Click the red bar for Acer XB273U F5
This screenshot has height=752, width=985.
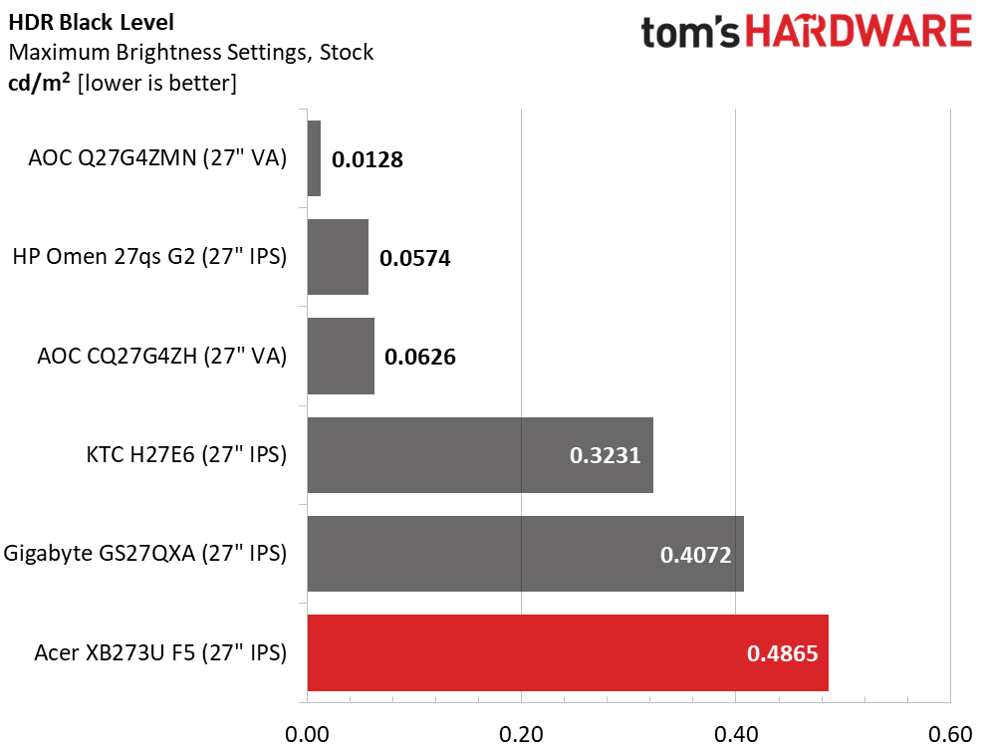tap(568, 653)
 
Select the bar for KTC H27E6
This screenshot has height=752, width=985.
tap(480, 455)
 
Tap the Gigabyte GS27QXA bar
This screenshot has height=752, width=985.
tap(525, 554)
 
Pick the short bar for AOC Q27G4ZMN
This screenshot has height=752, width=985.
tap(314, 158)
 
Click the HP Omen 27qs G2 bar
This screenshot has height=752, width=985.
tap(338, 257)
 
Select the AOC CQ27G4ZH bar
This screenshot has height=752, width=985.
tap(341, 357)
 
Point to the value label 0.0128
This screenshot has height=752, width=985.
tap(368, 159)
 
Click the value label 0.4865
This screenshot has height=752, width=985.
tap(782, 654)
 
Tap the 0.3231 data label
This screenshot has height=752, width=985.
tap(605, 455)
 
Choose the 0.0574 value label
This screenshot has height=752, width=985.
tap(415, 259)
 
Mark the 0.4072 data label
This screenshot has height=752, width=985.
tap(696, 555)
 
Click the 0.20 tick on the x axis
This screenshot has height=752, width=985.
tap(522, 735)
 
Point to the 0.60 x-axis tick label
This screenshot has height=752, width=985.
tap(950, 735)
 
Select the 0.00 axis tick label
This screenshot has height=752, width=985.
tap(308, 735)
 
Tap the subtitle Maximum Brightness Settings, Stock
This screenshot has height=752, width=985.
tap(190, 52)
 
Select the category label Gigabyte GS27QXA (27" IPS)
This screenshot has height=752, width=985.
tap(145, 555)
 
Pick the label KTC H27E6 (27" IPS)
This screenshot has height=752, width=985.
tap(186, 455)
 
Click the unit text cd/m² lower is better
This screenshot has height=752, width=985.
tap(123, 84)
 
